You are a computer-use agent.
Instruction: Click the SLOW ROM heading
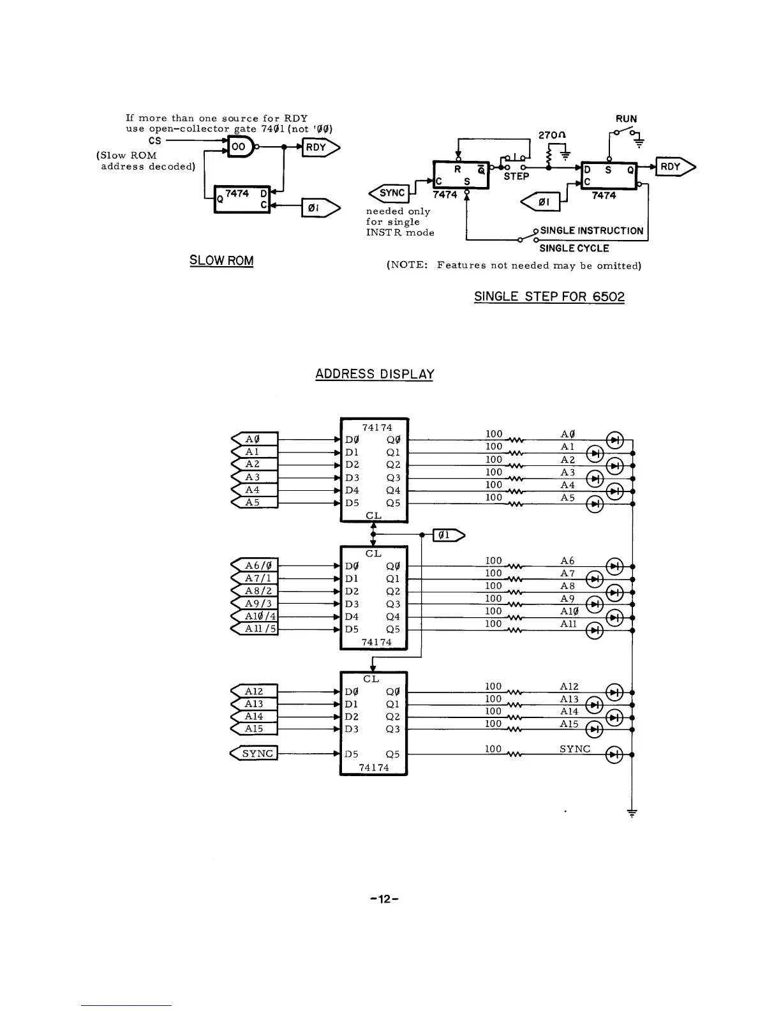pos(221,260)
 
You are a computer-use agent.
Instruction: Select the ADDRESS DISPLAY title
pos(375,374)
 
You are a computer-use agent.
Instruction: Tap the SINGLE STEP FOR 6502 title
pos(549,297)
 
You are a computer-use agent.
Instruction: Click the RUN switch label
pos(626,119)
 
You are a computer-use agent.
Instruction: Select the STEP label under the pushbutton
pos(516,176)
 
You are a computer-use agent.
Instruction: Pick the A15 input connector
pos(254,729)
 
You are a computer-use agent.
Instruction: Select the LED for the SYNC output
pos(614,754)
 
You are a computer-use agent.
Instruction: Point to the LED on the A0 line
pos(614,440)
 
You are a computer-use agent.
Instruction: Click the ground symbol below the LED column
pos(632,813)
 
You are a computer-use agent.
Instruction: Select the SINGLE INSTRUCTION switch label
pos(591,230)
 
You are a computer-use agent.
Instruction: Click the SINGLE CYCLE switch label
pos(574,248)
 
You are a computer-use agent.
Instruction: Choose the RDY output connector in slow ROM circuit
pos(320,147)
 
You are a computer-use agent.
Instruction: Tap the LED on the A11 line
pos(595,631)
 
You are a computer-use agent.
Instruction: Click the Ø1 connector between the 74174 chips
pos(449,535)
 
